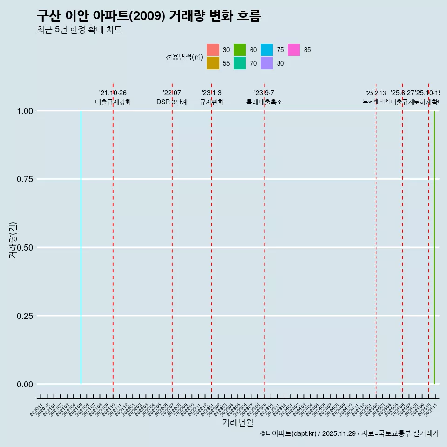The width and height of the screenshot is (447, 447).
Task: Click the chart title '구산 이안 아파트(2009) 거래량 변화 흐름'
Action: (149, 16)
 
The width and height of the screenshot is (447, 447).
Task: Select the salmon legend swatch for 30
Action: (213, 50)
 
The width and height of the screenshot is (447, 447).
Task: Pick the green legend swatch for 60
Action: (240, 50)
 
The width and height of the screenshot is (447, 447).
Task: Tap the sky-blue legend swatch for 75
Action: (267, 50)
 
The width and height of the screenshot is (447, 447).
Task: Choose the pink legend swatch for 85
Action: (294, 50)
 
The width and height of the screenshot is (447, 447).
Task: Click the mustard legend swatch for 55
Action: (213, 63)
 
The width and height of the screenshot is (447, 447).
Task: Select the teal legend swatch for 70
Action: (240, 63)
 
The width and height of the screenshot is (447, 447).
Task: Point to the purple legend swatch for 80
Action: (267, 63)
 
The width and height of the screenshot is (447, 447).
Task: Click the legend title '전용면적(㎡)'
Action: (184, 57)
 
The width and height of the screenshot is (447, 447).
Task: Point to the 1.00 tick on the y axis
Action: (25, 111)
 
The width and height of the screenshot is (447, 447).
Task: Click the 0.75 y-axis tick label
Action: (25, 179)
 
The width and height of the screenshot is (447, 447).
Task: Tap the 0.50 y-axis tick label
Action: (25, 247)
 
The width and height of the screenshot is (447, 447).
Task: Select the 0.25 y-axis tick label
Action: (25, 316)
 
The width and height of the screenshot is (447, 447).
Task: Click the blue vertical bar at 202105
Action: (81, 247)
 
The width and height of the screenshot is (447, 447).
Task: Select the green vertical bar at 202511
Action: (434, 247)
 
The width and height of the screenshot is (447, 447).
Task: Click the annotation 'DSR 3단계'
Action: (172, 102)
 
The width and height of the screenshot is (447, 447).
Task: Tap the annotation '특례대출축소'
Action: (264, 102)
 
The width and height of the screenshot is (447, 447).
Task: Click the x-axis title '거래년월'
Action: (238, 423)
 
